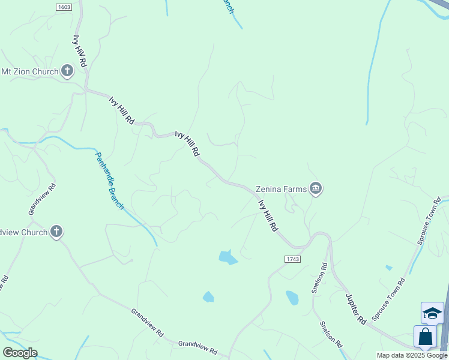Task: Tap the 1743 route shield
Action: (292, 259)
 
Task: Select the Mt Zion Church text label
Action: (30, 72)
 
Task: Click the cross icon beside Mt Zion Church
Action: (67, 72)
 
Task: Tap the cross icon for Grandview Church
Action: (56, 232)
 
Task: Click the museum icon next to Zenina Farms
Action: (316, 189)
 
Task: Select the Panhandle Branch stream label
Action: (110, 180)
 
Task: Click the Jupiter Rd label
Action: (355, 309)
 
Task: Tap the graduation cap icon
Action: (432, 313)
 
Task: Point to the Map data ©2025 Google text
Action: (412, 355)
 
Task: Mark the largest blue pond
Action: (228, 258)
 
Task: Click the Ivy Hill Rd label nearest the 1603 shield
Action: (79, 50)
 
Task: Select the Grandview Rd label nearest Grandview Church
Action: (41, 199)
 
